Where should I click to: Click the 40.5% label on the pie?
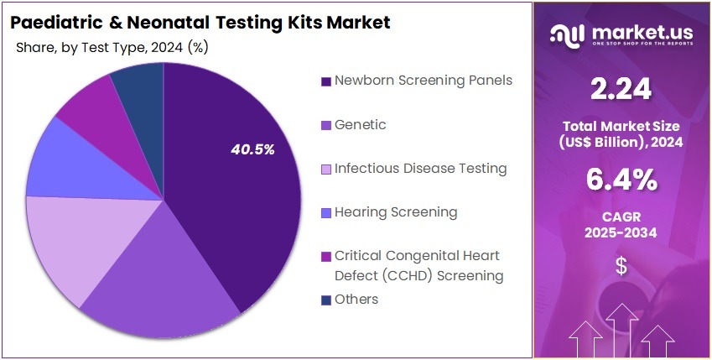[x=252, y=149]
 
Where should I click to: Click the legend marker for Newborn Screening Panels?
[x=325, y=81]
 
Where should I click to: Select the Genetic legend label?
[x=360, y=125]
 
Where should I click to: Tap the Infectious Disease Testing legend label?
[x=420, y=169]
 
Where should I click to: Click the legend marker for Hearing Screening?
[x=325, y=213]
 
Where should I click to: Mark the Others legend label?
[x=356, y=300]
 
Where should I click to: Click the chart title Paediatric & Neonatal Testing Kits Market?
[x=200, y=22]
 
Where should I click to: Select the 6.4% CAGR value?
[x=621, y=180]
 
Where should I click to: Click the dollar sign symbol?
[x=621, y=266]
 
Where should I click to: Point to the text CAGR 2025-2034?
[x=621, y=224]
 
